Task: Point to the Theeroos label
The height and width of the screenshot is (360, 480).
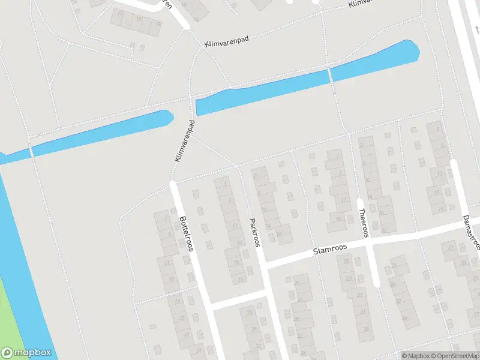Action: click(x=362, y=223)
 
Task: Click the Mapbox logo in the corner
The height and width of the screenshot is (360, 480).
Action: click(x=26, y=353)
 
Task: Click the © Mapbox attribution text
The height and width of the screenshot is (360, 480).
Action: click(x=415, y=356)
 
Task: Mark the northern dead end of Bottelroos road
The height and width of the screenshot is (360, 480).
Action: click(x=173, y=185)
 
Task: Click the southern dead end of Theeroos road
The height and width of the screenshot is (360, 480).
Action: click(x=377, y=283)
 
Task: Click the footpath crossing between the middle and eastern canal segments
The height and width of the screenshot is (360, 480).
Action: click(x=329, y=76)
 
